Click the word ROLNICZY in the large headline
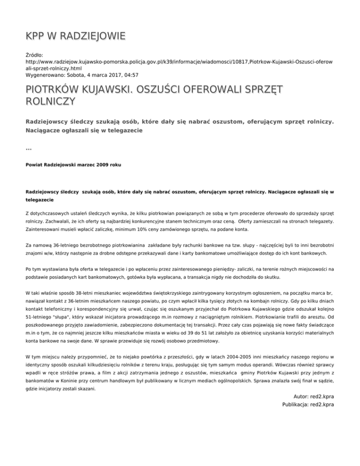coord(50,101)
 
